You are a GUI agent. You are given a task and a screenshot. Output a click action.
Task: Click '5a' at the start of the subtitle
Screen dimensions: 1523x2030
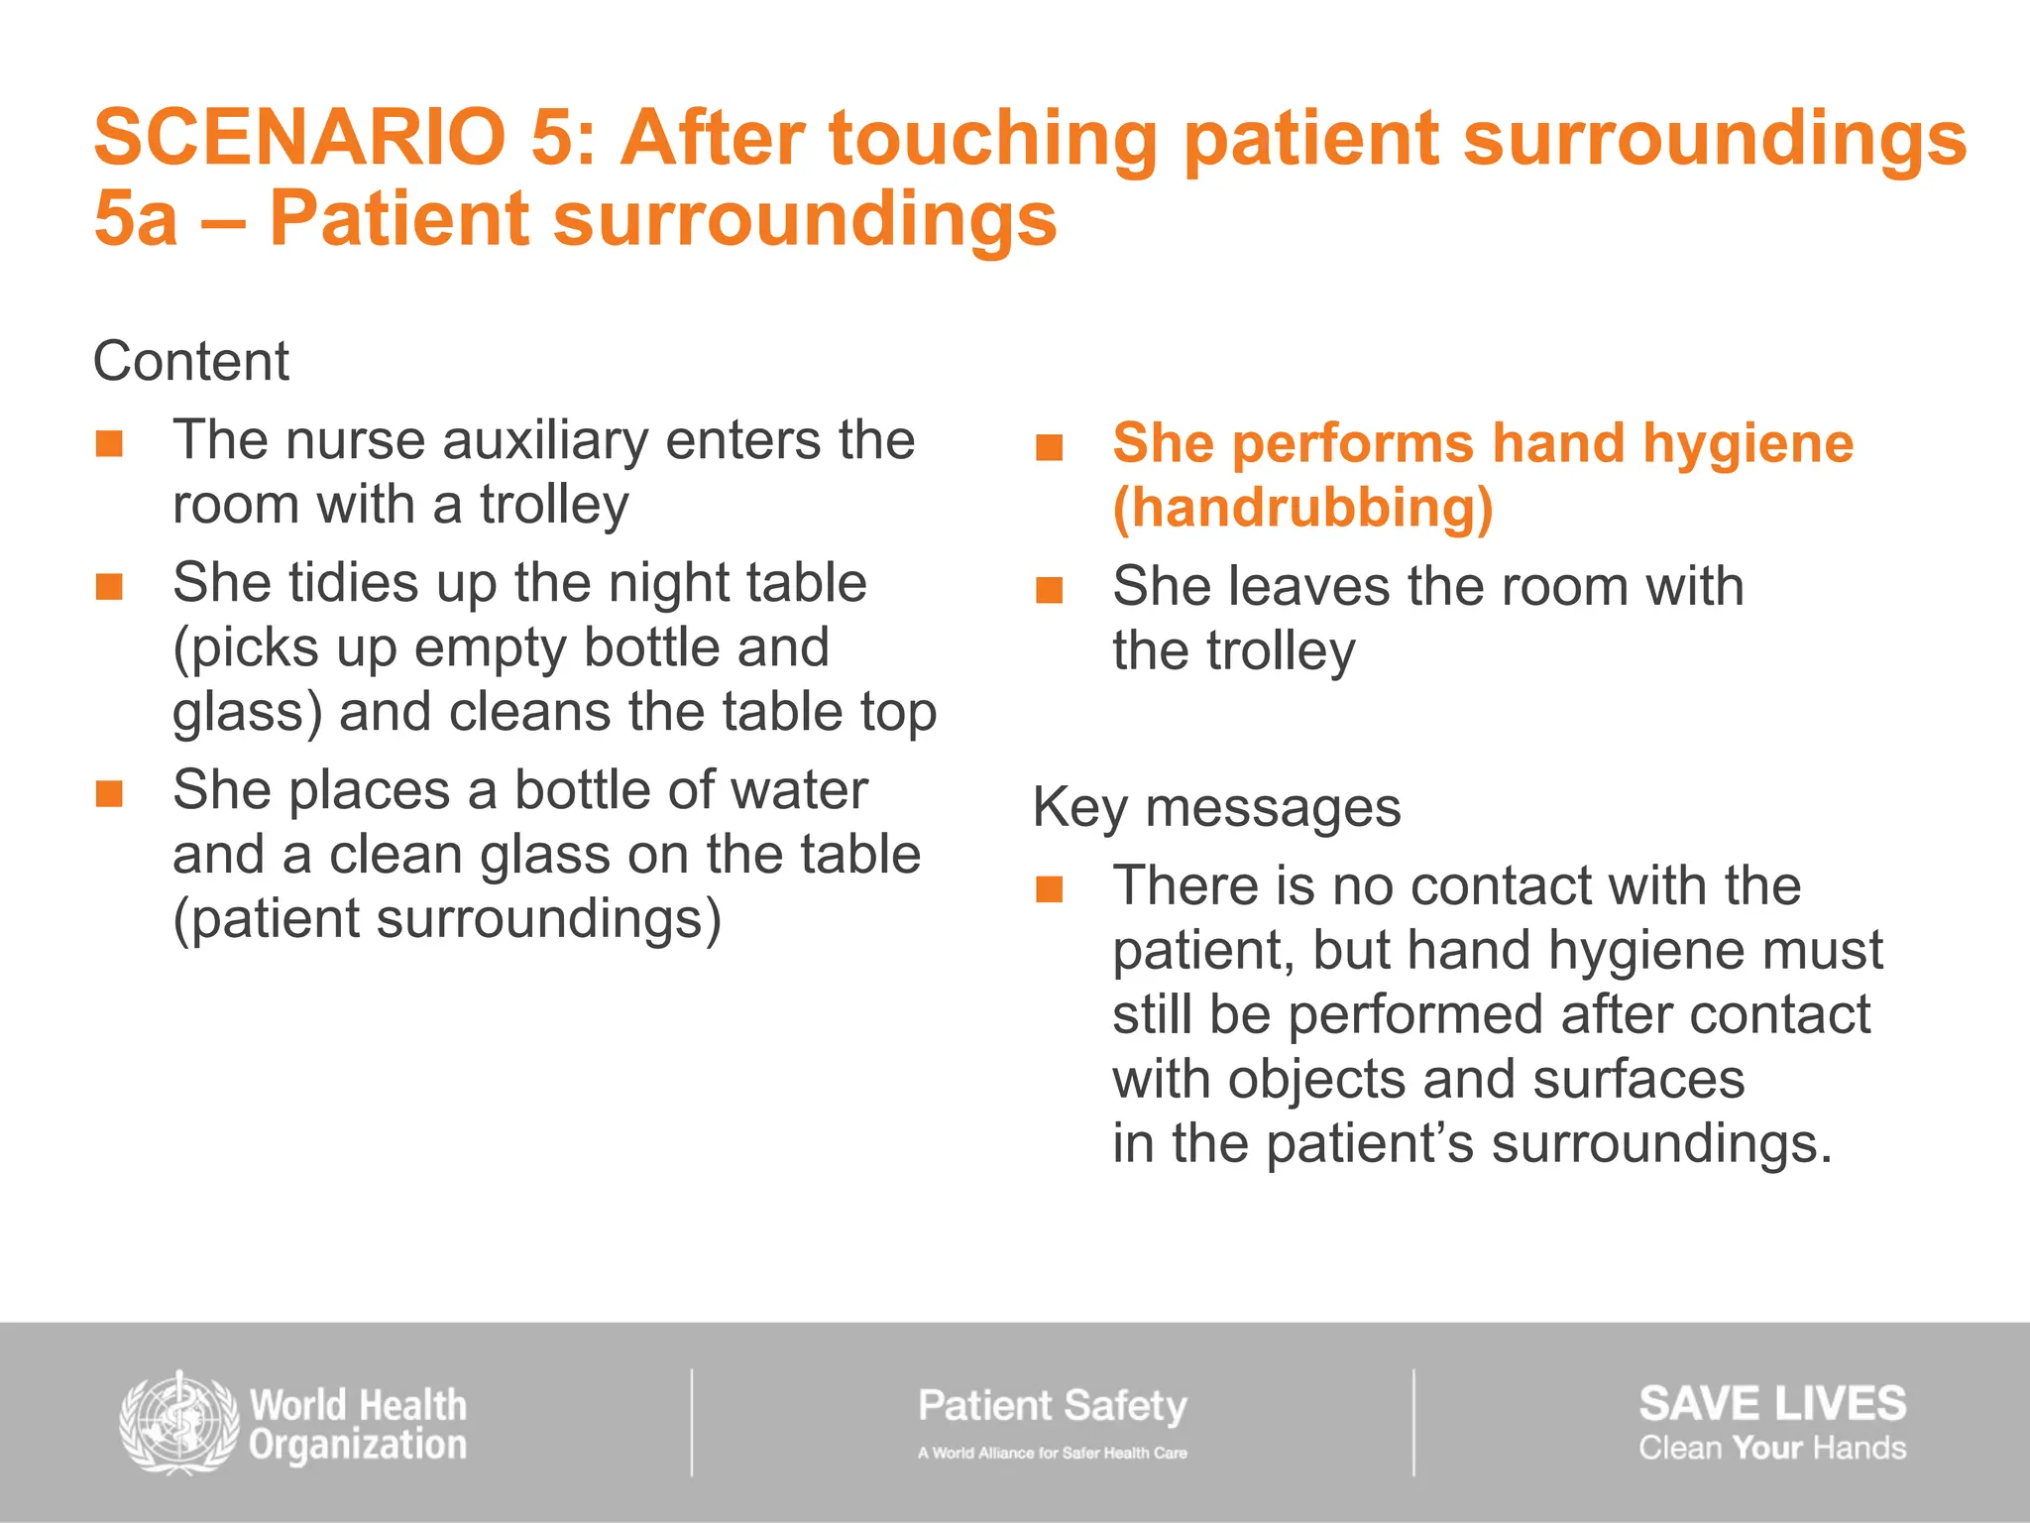pos(136,218)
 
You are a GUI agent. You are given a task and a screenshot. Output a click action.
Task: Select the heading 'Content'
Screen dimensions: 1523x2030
pos(190,361)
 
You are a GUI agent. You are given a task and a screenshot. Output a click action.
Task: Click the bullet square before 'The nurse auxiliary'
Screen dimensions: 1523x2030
pos(109,443)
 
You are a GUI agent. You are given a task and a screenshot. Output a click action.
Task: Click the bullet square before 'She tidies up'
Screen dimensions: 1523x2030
pos(109,586)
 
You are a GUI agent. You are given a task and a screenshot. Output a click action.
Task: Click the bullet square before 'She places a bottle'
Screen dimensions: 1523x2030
pos(109,793)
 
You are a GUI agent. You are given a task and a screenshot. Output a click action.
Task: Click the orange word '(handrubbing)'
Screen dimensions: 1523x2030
pos(1302,509)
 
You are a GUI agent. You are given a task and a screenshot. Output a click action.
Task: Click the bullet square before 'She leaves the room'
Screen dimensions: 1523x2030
pos(1049,590)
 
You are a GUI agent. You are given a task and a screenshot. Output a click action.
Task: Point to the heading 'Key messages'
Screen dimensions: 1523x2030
pos(1216,807)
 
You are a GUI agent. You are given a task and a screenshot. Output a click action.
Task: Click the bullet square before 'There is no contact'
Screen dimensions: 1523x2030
pos(1049,888)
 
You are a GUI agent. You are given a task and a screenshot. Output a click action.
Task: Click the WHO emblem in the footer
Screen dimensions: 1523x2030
pos(178,1423)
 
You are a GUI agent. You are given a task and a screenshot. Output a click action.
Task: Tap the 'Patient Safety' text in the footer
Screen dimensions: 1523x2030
pos(1052,1405)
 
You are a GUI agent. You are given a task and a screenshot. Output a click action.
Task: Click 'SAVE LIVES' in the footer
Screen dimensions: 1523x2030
pos(1771,1403)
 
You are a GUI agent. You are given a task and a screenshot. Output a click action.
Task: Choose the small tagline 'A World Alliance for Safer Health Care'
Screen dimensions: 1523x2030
pos(1052,1453)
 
